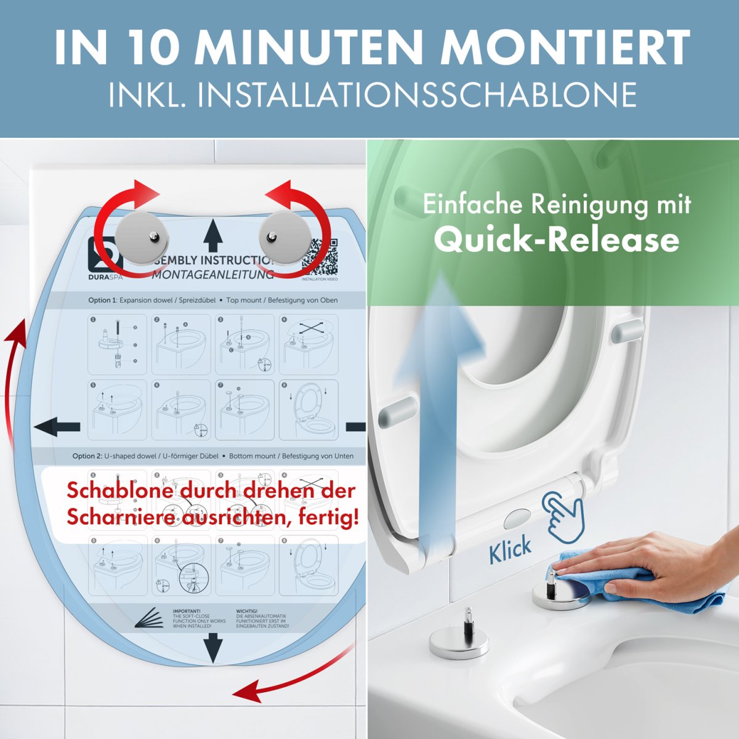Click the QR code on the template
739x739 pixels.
coord(320,258)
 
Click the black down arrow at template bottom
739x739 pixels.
coord(212,647)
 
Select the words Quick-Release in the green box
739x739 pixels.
coord(556,240)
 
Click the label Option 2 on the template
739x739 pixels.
coord(86,456)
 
